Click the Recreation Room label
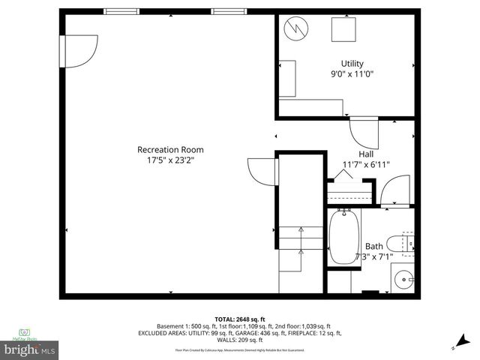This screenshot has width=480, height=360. [x=170, y=149]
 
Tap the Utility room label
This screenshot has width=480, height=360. [x=352, y=63]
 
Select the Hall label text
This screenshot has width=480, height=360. [x=366, y=154]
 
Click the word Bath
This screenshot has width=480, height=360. [x=373, y=246]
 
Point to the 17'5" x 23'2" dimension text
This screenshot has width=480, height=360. [x=170, y=160]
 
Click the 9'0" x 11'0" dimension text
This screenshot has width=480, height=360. [x=352, y=74]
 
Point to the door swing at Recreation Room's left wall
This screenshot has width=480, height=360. [x=78, y=48]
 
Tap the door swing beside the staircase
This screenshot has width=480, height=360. [x=262, y=173]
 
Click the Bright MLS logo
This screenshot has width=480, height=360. [x=30, y=349]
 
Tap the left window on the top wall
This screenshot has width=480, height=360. [x=121, y=10]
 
